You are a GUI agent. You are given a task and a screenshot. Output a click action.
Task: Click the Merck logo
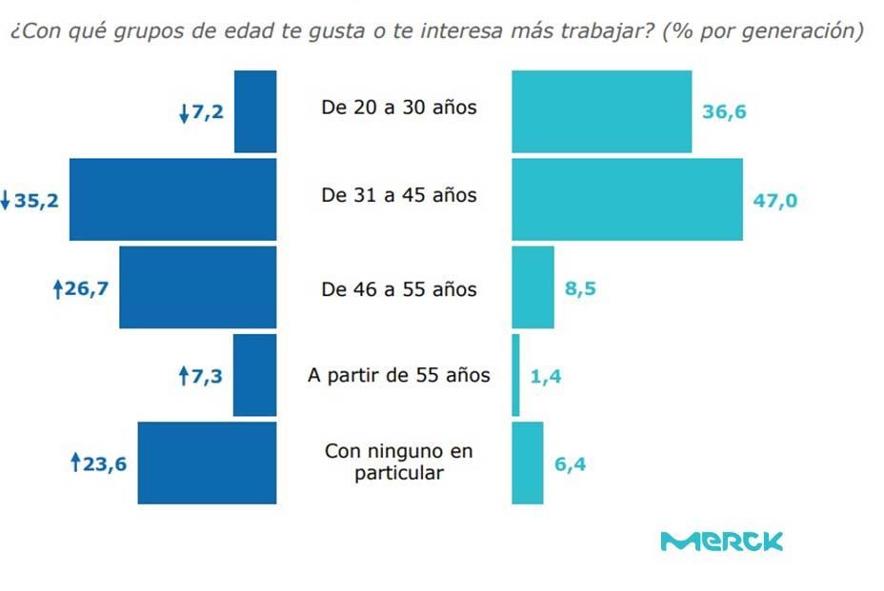click(721, 542)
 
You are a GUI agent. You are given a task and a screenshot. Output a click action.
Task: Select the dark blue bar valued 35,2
click(172, 200)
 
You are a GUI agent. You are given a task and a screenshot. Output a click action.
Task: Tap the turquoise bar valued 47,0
click(627, 200)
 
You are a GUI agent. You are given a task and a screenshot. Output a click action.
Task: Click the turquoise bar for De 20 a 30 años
click(601, 111)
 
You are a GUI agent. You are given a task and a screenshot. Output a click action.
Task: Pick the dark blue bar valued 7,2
click(255, 111)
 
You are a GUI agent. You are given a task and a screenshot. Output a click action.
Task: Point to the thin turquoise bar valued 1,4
click(515, 375)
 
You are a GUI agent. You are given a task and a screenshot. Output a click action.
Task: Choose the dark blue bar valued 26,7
click(197, 287)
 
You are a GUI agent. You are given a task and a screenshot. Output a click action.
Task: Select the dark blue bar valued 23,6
click(207, 463)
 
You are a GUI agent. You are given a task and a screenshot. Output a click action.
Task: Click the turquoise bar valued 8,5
click(532, 287)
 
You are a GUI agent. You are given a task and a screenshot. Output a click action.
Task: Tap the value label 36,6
click(724, 112)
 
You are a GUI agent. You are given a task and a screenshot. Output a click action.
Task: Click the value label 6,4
click(570, 465)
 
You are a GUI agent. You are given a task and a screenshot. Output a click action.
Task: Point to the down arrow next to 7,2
click(184, 113)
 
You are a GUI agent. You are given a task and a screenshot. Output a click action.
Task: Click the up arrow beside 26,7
click(57, 288)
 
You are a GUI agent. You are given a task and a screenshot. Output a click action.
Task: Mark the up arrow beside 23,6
click(76, 464)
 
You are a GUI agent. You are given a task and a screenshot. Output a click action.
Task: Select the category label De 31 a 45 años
click(399, 196)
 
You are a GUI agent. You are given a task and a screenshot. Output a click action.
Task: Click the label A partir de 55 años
click(399, 375)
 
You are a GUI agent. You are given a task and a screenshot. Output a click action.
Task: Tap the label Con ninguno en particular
click(399, 462)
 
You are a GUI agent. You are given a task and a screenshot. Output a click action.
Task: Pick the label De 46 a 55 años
click(399, 289)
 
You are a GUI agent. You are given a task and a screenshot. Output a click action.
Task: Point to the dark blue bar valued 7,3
click(254, 375)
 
